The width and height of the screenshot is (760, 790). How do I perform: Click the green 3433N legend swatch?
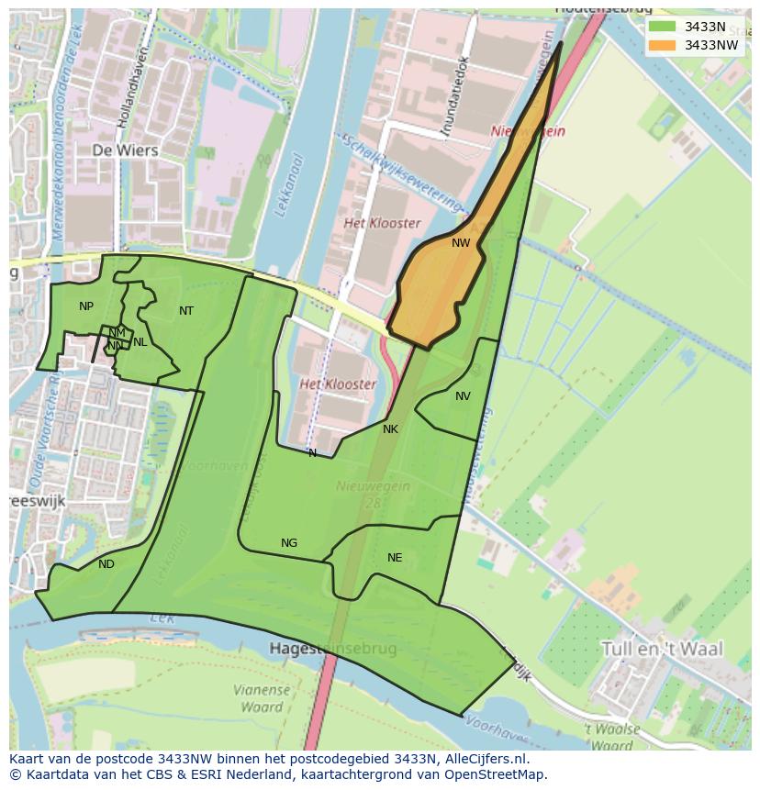pos(662,26)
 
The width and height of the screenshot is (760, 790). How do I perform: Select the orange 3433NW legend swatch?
pos(662,44)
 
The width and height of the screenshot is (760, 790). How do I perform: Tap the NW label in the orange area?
pos(461,243)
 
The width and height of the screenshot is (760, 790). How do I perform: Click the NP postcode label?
pos(86,306)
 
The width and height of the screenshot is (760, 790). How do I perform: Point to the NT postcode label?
pos(186,311)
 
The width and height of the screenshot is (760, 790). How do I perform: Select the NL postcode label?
pos(140,342)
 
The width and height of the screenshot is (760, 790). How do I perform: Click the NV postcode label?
pos(463,396)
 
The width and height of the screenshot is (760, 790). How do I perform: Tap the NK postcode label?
pos(390,429)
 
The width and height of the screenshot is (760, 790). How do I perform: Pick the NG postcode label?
pos(289,543)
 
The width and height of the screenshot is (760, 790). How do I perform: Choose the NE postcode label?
pos(395,557)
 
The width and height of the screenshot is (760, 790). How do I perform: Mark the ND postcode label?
pos(106,564)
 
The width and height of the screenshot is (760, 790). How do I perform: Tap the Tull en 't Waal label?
pos(662,649)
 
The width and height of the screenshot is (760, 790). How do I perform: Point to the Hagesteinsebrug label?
pos(333,649)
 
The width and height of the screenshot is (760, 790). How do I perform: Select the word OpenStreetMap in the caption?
pos(495,774)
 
